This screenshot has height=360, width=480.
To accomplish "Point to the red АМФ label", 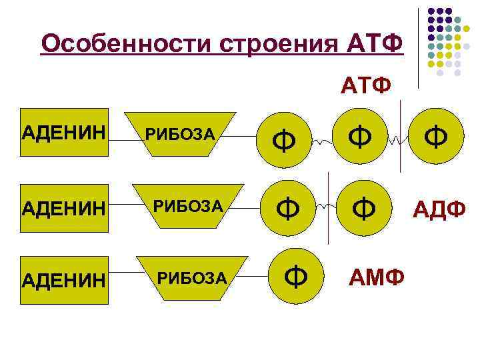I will click(376, 276).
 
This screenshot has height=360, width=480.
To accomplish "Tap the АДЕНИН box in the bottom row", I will click(65, 280).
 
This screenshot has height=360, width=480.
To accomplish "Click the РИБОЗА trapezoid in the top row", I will click(181, 134).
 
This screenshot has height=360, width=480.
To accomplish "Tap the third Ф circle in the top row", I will click(437, 137).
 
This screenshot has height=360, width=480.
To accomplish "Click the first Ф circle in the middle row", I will click(287, 209).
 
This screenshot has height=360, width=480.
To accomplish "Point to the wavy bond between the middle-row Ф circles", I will click(323, 207).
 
